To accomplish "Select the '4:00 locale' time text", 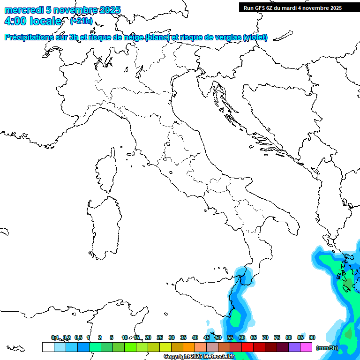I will click(32, 21).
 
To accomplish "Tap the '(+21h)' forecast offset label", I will click(81, 21).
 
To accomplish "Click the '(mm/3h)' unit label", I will click(327, 347).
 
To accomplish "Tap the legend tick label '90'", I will click(312, 337).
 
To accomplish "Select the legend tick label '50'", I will click(218, 337).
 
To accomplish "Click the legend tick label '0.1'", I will click(55, 337).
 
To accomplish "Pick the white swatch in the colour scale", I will click(48, 347).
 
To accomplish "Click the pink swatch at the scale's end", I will click(306, 347).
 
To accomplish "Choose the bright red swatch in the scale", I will click(247, 347).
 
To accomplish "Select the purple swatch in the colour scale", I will click(294, 347).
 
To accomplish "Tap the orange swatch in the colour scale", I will click(189, 347).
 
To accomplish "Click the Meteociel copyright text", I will click(199, 357).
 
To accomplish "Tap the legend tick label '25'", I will click(160, 337).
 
